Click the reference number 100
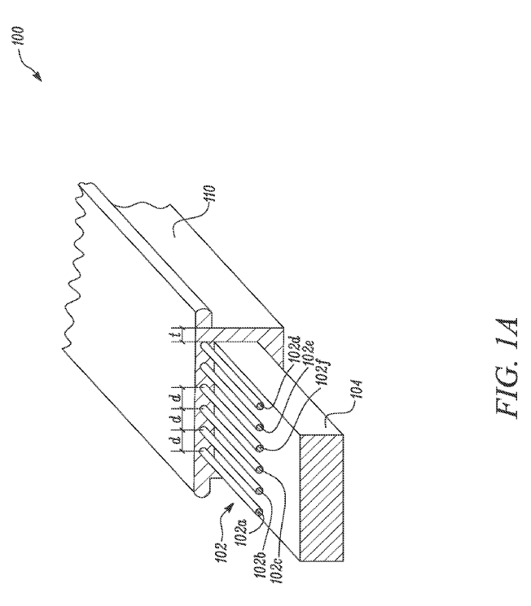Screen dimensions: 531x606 (17, 37)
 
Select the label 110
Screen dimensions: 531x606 (209, 194)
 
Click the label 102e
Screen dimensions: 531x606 (308, 353)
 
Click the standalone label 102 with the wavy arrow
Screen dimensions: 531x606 (222, 552)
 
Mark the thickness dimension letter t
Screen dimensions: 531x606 (178, 334)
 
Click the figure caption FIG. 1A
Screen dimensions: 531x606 (506, 370)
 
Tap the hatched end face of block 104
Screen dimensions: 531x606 (322, 498)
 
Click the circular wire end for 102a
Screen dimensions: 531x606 (259, 512)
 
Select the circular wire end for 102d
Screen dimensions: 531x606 (260, 406)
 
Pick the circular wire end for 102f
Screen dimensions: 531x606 (259, 448)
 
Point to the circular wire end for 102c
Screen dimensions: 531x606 (259, 469)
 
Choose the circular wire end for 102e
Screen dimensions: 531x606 (259, 427)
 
